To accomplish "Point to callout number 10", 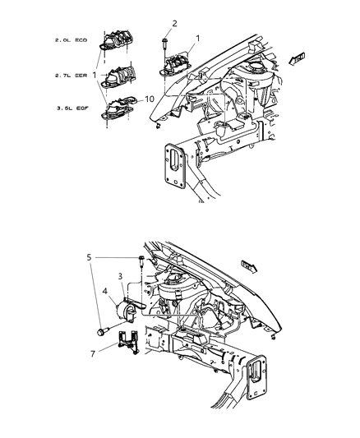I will (x=149, y=100).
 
